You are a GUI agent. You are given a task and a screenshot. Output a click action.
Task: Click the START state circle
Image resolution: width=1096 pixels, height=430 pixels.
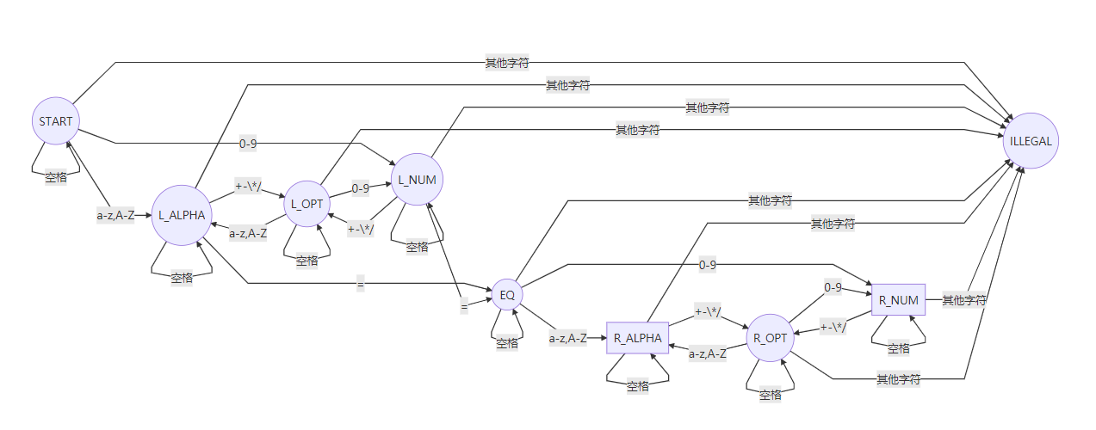click(56, 121)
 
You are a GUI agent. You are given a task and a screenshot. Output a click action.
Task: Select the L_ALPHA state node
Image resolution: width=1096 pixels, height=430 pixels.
click(182, 215)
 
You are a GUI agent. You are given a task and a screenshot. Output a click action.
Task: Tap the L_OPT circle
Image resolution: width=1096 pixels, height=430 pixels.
click(307, 204)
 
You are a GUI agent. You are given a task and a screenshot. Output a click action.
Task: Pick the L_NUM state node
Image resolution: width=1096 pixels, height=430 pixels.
click(417, 179)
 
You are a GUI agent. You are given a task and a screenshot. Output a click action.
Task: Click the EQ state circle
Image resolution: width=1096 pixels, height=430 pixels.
click(507, 295)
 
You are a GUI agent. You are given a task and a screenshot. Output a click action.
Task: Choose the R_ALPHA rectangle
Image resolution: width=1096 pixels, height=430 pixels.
click(638, 338)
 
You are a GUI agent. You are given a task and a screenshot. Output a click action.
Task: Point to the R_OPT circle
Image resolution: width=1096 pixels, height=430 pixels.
click(770, 338)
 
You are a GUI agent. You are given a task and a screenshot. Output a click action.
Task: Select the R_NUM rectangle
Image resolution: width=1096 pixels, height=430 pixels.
click(898, 300)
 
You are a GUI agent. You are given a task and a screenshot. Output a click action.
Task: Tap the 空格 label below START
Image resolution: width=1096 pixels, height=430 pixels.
click(57, 178)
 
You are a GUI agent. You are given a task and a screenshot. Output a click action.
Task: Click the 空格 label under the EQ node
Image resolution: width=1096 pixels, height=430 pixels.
click(507, 343)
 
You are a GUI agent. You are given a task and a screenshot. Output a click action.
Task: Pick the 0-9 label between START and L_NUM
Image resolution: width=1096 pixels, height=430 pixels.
click(248, 144)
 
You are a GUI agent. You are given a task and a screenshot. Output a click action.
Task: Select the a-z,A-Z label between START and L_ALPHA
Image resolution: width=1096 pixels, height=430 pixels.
click(115, 215)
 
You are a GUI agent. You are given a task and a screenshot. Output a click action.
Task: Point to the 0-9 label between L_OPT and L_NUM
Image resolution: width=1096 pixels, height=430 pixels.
click(362, 187)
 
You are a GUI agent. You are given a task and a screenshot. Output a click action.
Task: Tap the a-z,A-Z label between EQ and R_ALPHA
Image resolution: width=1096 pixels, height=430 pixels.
click(568, 338)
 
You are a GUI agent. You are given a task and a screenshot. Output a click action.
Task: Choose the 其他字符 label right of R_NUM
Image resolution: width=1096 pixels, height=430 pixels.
click(963, 300)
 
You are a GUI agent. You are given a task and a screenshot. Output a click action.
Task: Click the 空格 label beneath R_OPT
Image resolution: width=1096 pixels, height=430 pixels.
click(770, 395)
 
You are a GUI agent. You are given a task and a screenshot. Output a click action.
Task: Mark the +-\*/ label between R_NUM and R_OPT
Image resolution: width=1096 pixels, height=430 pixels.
click(833, 327)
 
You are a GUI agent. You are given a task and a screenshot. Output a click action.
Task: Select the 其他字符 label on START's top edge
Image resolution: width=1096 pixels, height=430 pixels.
click(507, 63)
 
